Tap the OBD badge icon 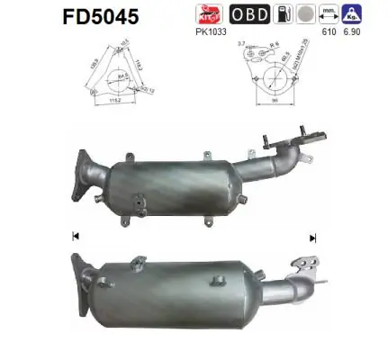pyautogui.click(x=248, y=14)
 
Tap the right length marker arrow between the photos pyautogui.click(x=312, y=238)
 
